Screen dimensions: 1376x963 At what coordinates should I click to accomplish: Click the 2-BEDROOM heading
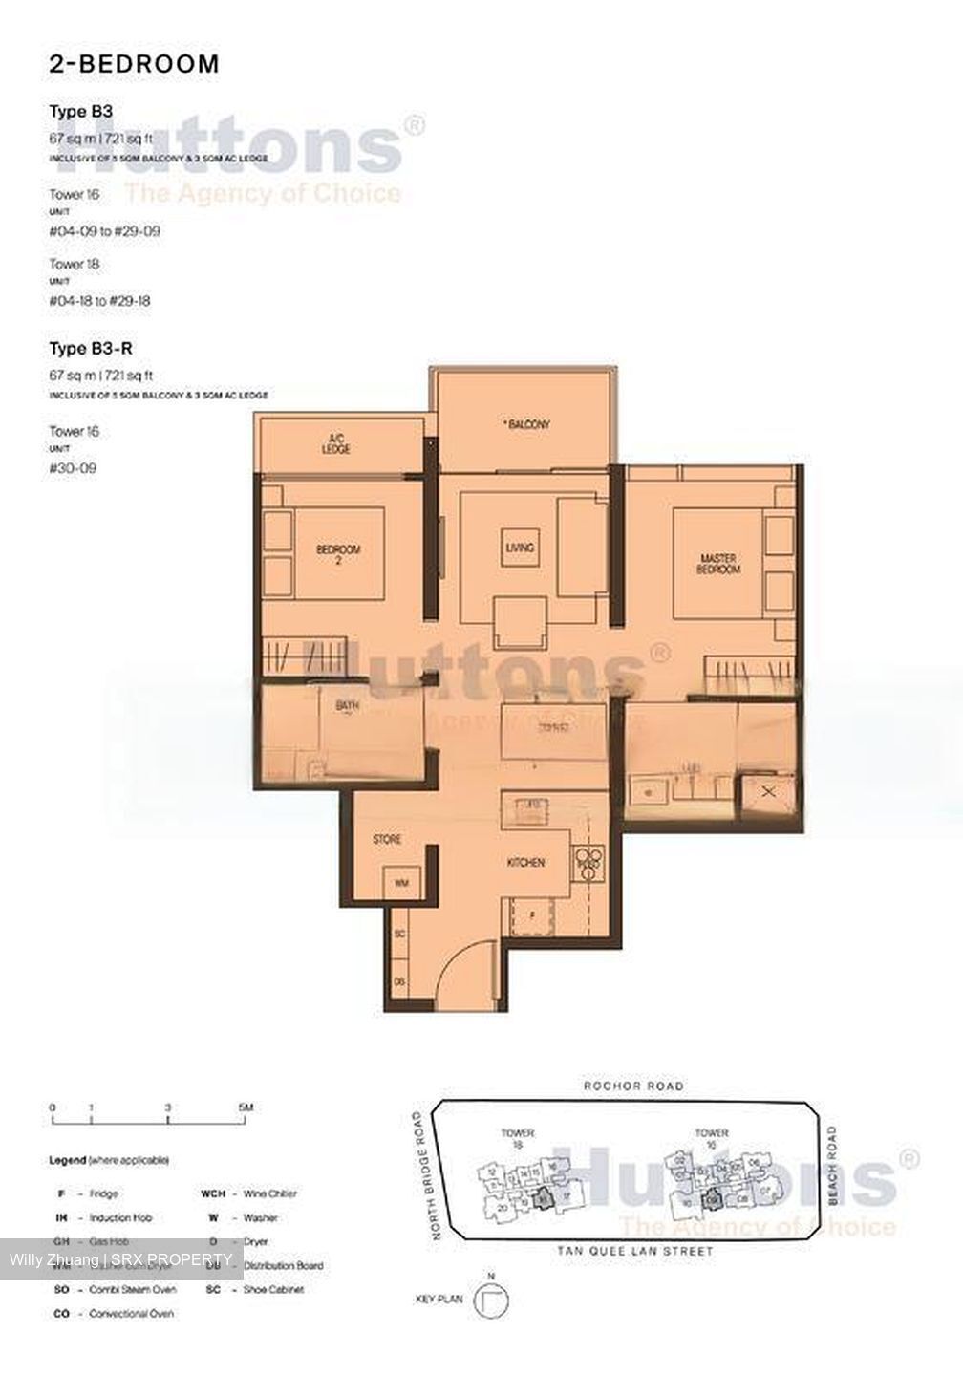pos(134,64)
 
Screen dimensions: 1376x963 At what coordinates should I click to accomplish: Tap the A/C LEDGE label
pos(335,443)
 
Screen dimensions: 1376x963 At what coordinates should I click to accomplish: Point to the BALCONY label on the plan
pos(528,424)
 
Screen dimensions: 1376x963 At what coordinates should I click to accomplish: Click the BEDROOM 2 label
pos(338,554)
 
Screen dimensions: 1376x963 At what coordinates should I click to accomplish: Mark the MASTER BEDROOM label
pos(719,564)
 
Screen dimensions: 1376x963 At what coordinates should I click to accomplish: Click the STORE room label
pos(387,840)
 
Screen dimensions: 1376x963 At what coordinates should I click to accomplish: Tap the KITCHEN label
pos(525,863)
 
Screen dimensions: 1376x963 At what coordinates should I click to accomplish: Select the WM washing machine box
pos(401,884)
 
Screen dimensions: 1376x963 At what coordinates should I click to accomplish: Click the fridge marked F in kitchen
pos(533,914)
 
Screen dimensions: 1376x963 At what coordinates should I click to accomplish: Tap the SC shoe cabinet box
pos(401,934)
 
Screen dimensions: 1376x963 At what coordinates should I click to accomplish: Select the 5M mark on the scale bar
pos(246,1107)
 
